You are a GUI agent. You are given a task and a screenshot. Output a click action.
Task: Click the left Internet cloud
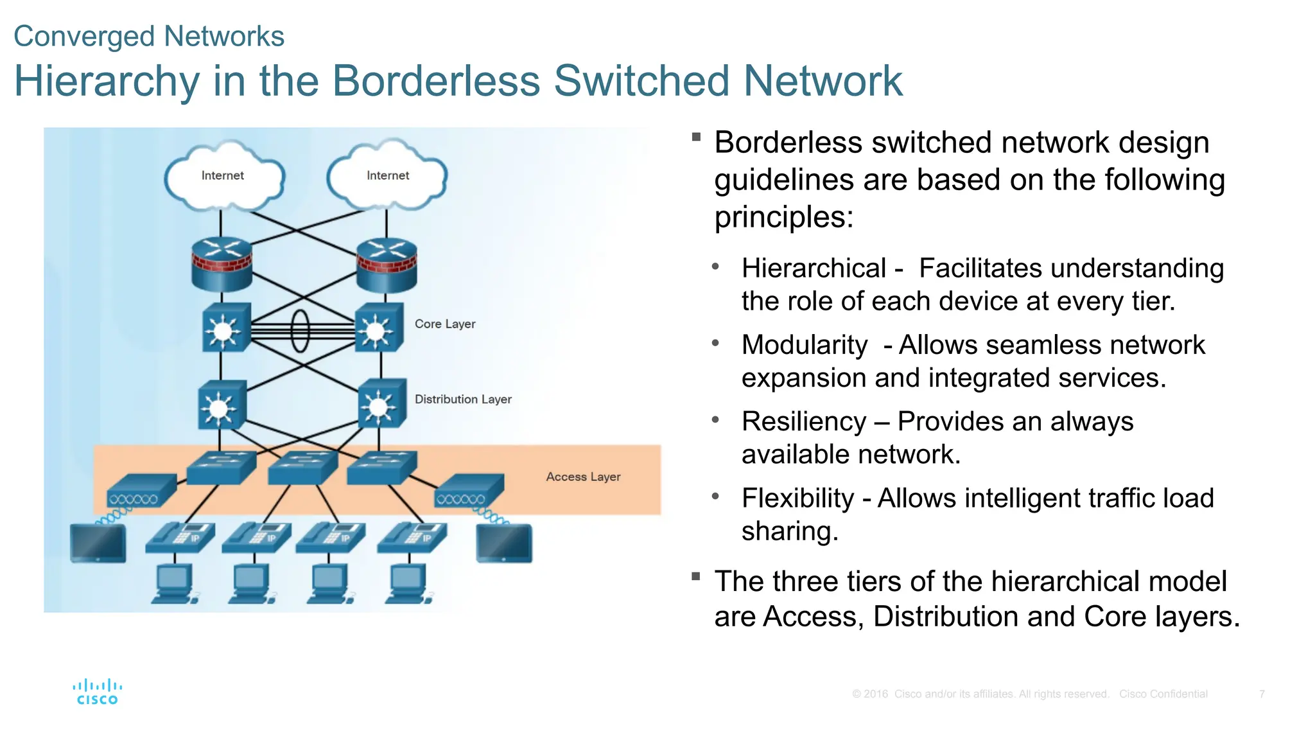223,177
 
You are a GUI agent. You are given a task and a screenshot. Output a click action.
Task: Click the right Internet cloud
387,177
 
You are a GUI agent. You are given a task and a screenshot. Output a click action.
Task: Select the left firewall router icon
222,264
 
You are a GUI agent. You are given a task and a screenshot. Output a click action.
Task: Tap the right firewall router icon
387,264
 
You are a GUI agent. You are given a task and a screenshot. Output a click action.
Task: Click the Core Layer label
445,324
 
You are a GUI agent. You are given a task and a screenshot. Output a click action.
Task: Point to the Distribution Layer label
463,399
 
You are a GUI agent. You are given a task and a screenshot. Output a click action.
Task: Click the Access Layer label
583,477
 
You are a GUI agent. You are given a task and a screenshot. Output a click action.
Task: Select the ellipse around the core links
300,331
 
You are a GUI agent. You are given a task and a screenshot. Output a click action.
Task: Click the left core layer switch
225,328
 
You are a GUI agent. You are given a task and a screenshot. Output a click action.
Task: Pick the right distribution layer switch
381,404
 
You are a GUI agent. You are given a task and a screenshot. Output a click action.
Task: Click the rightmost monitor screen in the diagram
504,543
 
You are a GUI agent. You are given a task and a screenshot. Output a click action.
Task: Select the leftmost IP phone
180,537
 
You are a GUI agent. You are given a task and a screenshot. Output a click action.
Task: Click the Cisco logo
98,692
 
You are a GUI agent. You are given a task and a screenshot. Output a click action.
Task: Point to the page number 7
1262,694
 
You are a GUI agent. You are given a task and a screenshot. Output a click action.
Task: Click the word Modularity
805,345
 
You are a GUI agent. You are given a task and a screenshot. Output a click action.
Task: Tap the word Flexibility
797,498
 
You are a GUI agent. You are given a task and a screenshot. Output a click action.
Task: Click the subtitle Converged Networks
149,36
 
